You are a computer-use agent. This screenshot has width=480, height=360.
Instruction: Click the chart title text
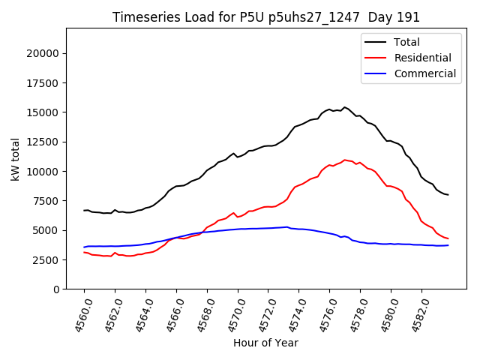coord(266,17)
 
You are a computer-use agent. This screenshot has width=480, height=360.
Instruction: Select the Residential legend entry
coord(422,58)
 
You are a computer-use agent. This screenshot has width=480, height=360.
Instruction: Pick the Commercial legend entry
coord(424,73)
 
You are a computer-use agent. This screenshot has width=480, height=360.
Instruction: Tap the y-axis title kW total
coord(15,158)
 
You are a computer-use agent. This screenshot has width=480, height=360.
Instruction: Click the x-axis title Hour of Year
coord(265,343)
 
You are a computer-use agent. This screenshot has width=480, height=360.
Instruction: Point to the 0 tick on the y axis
coord(56,289)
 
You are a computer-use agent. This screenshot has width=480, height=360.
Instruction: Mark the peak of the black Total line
coord(345,107)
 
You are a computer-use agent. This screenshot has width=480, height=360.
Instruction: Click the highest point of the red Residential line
coord(345,160)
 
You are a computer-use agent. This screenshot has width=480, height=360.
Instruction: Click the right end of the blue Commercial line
coord(448,245)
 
